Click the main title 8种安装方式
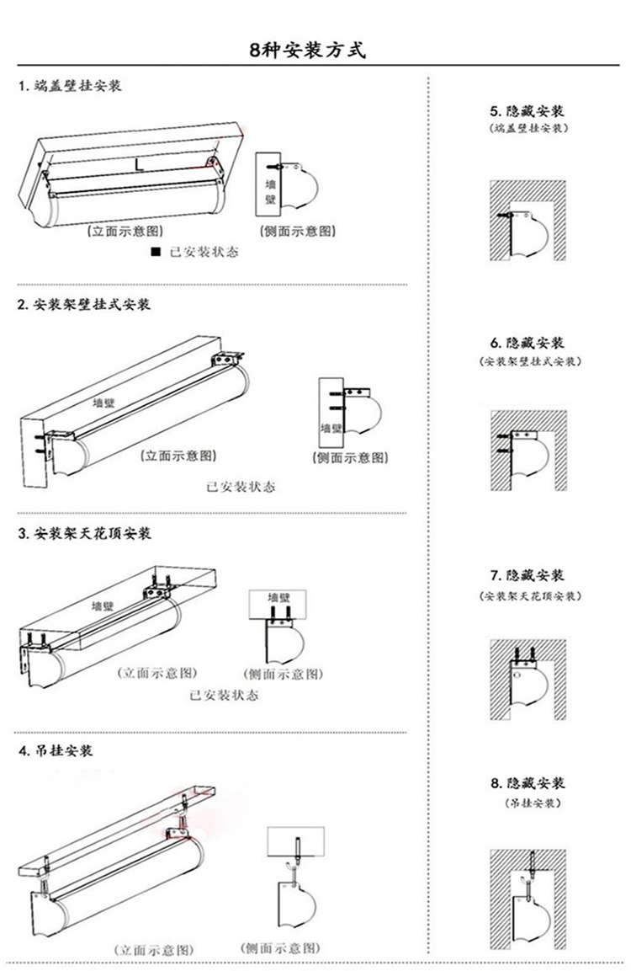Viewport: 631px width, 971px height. pos(307,50)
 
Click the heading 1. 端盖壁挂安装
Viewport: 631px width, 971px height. pos(70,85)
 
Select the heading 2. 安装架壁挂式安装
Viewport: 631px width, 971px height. pos(84,304)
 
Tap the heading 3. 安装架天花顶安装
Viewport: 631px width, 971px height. pos(85,533)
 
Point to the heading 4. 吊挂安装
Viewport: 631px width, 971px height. pos(56,750)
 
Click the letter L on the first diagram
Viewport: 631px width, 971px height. pos(139,164)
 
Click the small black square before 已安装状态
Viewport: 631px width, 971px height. pos(156,252)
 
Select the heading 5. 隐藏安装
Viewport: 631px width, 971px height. pos(527,111)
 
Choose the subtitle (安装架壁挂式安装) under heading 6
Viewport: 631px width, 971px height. pos(530,361)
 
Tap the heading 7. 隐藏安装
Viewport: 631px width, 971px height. pos(528,575)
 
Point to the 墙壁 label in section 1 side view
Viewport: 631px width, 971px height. pos(270,190)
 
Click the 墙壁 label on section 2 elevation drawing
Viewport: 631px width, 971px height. pos(104,403)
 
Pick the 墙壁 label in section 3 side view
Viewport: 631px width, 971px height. pos(278,598)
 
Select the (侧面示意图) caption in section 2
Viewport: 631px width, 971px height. pos(350,457)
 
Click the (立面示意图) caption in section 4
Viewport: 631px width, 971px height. pos(154,950)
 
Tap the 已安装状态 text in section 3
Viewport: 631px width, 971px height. pos(224,695)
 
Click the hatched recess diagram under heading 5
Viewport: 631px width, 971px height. pos(528,221)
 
